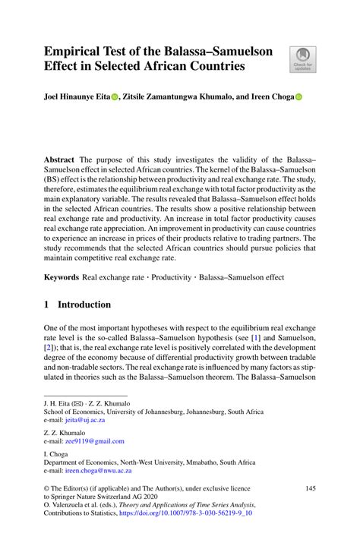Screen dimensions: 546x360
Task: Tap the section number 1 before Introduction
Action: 47,305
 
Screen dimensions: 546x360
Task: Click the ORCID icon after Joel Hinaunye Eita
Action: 115,98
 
